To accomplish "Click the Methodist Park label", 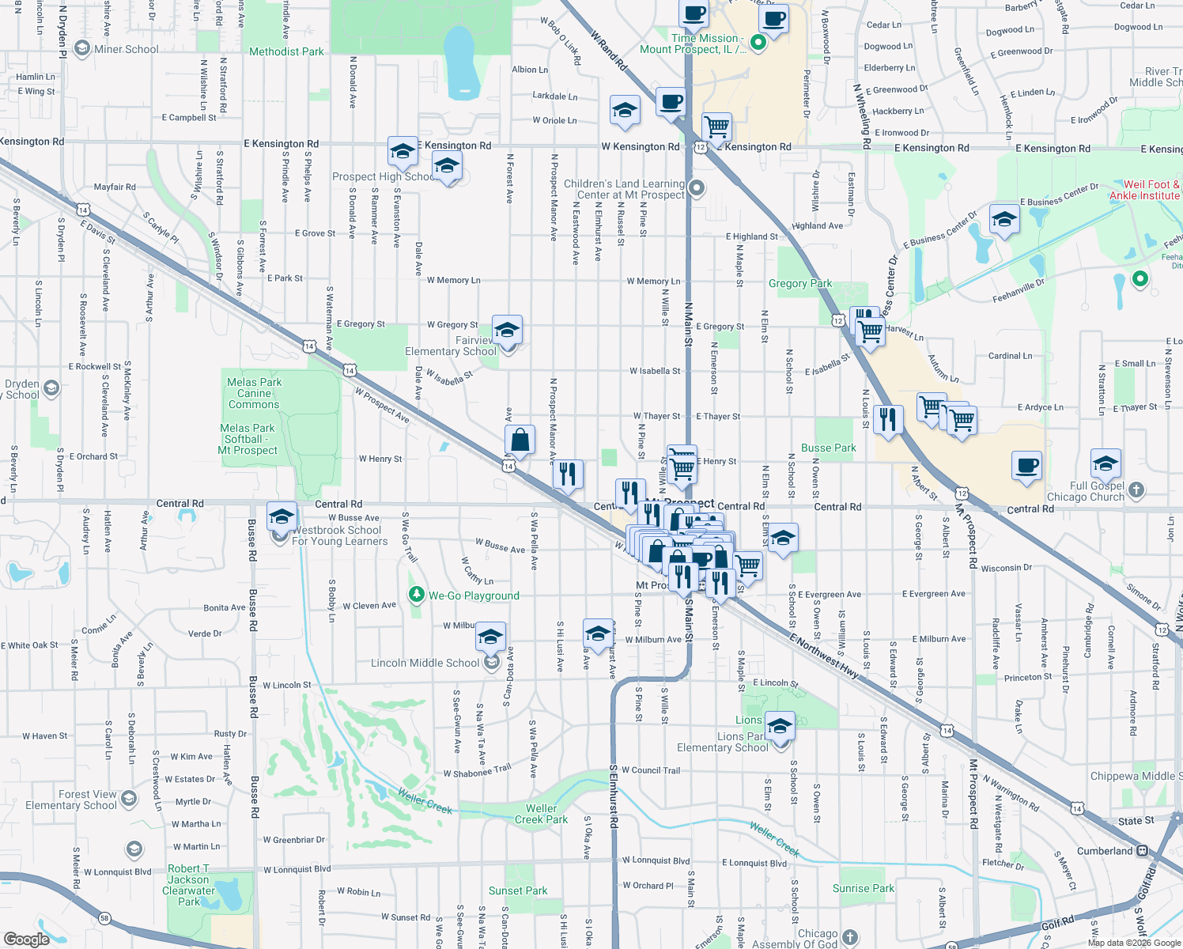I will coord(286,51).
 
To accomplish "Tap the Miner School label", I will coord(127,49).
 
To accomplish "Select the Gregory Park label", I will coord(800,283).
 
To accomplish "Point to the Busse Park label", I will coord(828,448).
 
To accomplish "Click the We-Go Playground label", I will coord(474,595).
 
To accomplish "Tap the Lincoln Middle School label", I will coord(425,663).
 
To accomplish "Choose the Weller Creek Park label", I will coord(541,814).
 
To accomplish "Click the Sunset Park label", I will coord(518,890).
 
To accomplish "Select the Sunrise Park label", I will coord(864,888).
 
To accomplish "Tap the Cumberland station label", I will coord(1105,851).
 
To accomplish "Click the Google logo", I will coord(27,939).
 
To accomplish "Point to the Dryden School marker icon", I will coord(51,388).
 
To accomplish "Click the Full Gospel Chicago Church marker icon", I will coord(1136,490).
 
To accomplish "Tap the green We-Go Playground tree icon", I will coord(417,594).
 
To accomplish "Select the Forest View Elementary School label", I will coord(71,800).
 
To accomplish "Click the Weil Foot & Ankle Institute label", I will coord(1144,190).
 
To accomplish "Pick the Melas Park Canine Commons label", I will coord(254,393).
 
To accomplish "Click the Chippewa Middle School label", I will coord(1136,776).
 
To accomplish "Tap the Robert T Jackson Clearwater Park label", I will coord(188,885).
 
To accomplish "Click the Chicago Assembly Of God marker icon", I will coord(850,937).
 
